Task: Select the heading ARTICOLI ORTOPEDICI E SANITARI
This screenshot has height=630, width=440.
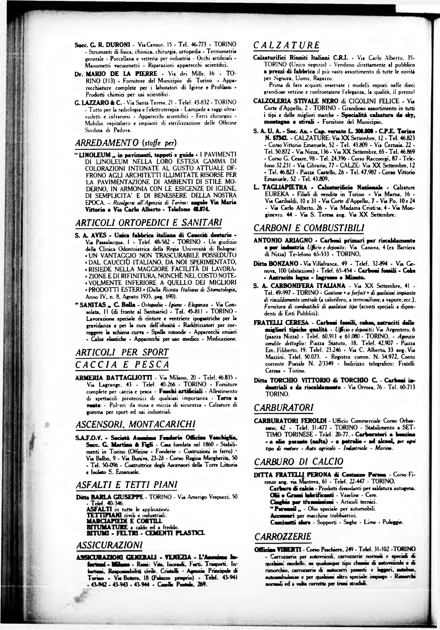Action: [x=148, y=222]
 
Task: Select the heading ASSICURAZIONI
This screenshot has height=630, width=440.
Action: [x=109, y=544]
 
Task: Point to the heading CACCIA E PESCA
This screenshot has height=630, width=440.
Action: [x=122, y=365]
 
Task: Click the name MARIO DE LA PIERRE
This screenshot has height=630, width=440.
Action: [x=121, y=74]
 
